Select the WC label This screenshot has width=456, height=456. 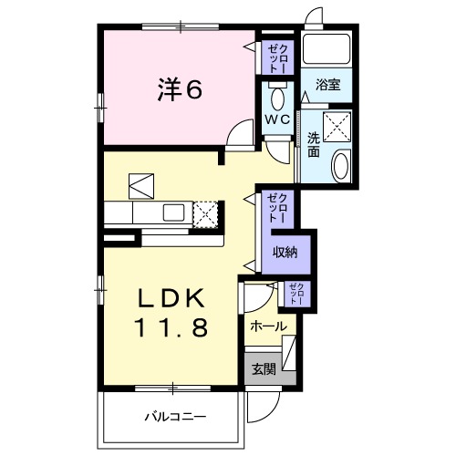tap(278, 119)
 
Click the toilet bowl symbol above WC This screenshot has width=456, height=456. tap(279, 95)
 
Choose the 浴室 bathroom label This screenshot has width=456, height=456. tap(327, 85)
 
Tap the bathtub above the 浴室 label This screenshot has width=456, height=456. tap(327, 50)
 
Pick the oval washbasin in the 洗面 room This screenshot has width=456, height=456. tap(339, 166)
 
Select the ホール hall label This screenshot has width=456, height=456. tap(267, 326)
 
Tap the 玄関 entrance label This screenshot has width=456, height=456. tap(264, 369)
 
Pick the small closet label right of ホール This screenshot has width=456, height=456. tap(296, 293)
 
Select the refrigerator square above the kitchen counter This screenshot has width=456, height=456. tap(142, 185)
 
